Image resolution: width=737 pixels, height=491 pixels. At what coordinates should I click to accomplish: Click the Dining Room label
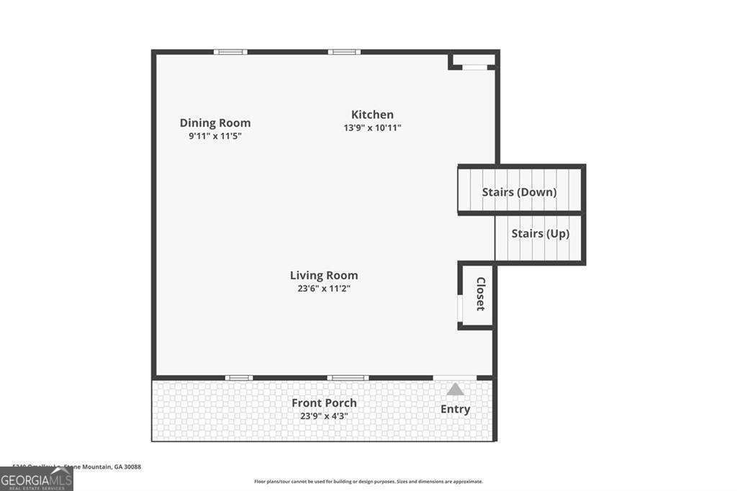coord(215,123)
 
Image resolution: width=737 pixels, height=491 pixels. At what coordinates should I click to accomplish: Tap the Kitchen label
coord(372,114)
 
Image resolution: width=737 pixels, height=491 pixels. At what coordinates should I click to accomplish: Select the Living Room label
coord(324,275)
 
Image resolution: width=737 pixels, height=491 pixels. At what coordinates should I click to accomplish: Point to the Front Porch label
coord(324,402)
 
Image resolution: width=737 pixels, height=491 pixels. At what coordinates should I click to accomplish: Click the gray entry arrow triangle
coord(455,389)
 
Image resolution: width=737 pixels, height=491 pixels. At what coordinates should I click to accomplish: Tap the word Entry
coord(455,409)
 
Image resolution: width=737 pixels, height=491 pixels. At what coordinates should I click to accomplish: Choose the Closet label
coord(480,294)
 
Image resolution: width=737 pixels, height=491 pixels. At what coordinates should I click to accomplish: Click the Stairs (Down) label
coord(519,192)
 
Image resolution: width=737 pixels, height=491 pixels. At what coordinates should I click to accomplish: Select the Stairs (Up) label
coord(540,234)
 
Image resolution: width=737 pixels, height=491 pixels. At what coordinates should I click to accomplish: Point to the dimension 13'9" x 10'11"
coord(372,128)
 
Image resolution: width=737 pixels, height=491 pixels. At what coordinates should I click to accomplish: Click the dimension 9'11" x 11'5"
coord(215,135)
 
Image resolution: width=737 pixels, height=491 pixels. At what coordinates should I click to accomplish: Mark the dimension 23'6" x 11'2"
coord(324,288)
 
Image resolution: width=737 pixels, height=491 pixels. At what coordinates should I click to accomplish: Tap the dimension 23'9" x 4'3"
coord(324,415)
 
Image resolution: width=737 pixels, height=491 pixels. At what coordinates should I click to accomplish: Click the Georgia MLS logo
coord(37,479)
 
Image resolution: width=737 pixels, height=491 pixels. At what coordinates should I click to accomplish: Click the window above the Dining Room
coord(230,52)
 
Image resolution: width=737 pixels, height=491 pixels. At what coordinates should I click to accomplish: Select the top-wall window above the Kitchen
coord(344,52)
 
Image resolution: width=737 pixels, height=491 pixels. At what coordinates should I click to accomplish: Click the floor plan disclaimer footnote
coord(368,482)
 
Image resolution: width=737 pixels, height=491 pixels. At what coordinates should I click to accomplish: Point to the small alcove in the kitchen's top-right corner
coord(474,60)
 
